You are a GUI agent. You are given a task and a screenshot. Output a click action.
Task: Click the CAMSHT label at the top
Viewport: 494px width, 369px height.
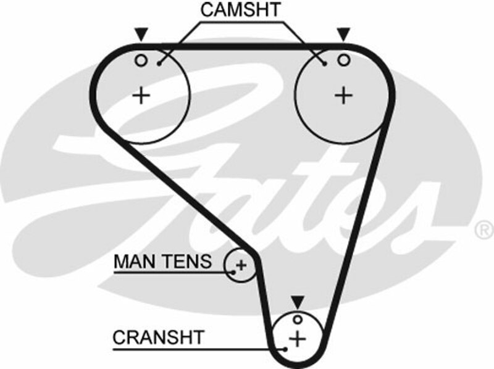[240, 10]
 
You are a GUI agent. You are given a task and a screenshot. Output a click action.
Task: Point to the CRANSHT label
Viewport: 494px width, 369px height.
[158, 338]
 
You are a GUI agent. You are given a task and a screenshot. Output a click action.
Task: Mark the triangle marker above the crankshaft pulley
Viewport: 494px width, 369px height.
[298, 302]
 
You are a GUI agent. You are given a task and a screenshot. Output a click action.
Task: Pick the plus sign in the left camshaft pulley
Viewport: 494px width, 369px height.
[142, 95]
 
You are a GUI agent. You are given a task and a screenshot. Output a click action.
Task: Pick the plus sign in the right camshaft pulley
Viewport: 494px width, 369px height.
[343, 95]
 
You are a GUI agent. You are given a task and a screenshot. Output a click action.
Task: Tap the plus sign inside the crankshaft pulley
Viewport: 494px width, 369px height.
[298, 338]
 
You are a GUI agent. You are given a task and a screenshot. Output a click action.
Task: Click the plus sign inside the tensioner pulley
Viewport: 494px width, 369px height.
[241, 265]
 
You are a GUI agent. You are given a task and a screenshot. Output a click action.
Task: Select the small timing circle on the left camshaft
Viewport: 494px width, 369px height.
[141, 60]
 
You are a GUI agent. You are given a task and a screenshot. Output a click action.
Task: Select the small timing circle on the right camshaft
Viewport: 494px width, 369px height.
[343, 60]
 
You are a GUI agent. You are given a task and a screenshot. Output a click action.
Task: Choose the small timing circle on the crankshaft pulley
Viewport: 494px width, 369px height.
[298, 319]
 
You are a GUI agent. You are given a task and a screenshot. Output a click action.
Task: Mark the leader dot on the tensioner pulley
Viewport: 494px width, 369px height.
[233, 270]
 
